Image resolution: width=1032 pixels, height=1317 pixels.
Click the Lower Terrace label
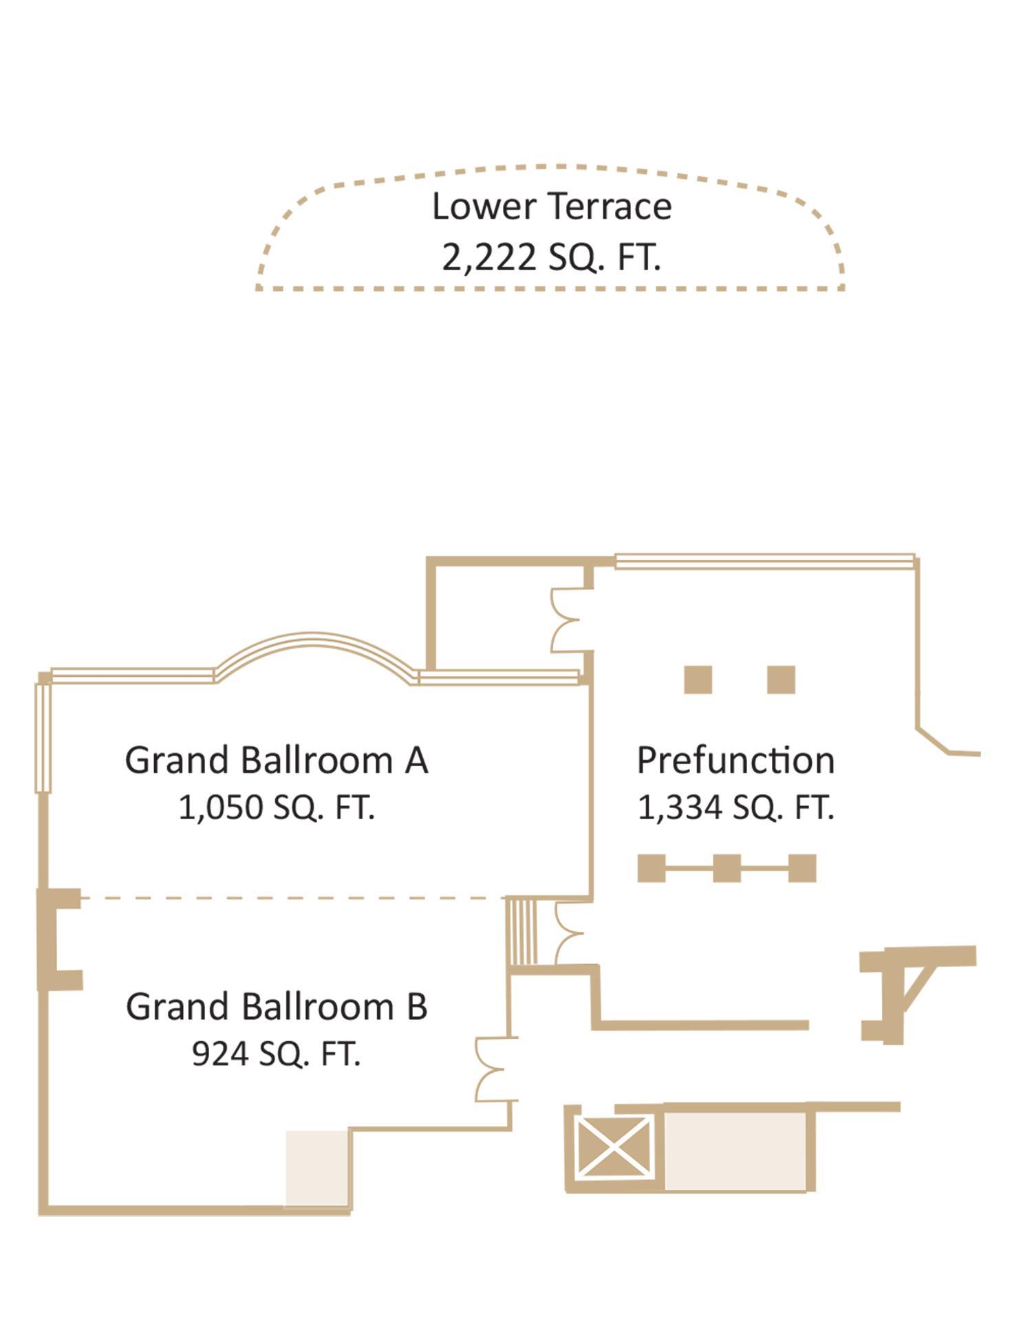[x=552, y=206]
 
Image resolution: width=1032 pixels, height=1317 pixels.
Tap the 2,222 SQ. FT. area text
[x=551, y=258]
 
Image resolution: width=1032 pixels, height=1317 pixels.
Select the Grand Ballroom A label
[x=277, y=760]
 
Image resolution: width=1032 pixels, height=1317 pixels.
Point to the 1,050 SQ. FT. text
[x=277, y=807]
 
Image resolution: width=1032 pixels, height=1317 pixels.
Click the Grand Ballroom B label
[x=277, y=1006]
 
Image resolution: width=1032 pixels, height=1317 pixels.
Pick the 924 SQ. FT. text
[x=277, y=1053]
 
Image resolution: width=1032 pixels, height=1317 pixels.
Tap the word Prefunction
[x=735, y=760]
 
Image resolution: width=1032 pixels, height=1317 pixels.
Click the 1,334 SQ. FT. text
[x=735, y=807]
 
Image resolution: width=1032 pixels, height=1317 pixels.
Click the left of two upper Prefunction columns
[x=698, y=679]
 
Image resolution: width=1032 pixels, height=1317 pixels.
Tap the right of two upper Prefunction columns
[x=781, y=679]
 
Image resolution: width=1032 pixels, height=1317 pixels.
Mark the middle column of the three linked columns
[x=727, y=868]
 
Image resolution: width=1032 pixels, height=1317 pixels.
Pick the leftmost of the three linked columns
[x=652, y=868]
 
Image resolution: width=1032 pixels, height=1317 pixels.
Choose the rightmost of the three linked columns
[x=802, y=868]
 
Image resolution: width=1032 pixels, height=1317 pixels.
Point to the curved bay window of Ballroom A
[x=314, y=638]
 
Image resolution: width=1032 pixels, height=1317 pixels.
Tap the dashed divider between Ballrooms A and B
[x=292, y=897]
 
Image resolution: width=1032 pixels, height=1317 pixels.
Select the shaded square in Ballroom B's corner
[x=316, y=1168]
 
